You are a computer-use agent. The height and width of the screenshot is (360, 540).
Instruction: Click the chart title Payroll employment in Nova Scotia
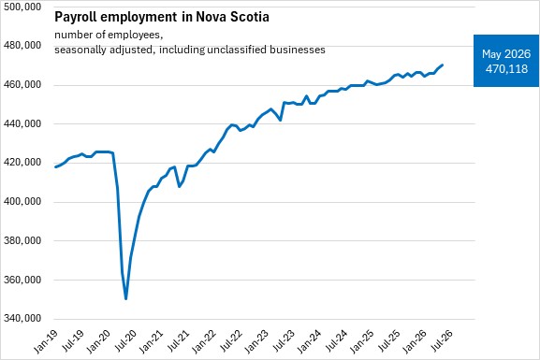[162, 17]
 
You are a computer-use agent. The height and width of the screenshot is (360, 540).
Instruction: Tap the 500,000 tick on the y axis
[22, 7]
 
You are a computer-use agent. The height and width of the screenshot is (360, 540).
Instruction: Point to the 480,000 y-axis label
[22, 46]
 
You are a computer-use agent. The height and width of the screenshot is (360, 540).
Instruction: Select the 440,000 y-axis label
[22, 123]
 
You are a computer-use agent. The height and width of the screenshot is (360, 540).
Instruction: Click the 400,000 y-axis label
[22, 201]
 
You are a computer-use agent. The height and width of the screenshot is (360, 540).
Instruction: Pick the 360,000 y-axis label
[22, 280]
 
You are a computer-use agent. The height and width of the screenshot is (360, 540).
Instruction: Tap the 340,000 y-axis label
[22, 318]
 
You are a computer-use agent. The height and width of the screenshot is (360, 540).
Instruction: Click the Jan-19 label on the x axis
[45, 341]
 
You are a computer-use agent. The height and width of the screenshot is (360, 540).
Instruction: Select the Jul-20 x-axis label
[124, 341]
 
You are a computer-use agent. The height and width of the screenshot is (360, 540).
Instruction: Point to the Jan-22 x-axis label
[203, 341]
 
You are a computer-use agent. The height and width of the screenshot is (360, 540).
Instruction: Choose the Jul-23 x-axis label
[283, 341]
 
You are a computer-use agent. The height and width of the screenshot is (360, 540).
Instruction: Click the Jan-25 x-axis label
[361, 341]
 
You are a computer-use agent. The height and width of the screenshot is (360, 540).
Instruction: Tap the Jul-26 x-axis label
[441, 341]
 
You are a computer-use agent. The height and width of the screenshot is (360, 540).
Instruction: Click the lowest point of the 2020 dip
[126, 298]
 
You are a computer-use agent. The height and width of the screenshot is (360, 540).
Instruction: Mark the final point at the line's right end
[442, 65]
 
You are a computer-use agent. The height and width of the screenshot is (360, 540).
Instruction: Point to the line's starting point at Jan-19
[56, 167]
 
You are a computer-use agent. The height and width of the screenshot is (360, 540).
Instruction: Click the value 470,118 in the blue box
[506, 69]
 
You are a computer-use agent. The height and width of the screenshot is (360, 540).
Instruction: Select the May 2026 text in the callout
[506, 54]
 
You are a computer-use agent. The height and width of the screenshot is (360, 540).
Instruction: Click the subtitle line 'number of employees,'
[109, 36]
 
